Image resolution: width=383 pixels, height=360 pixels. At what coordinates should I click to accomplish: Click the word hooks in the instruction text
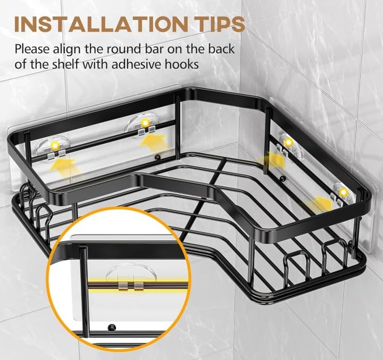pos(199,64)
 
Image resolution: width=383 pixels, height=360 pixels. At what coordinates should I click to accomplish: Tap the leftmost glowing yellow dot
pos(55,145)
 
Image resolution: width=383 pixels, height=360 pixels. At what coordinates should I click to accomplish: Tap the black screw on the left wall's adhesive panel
pos(158,158)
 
